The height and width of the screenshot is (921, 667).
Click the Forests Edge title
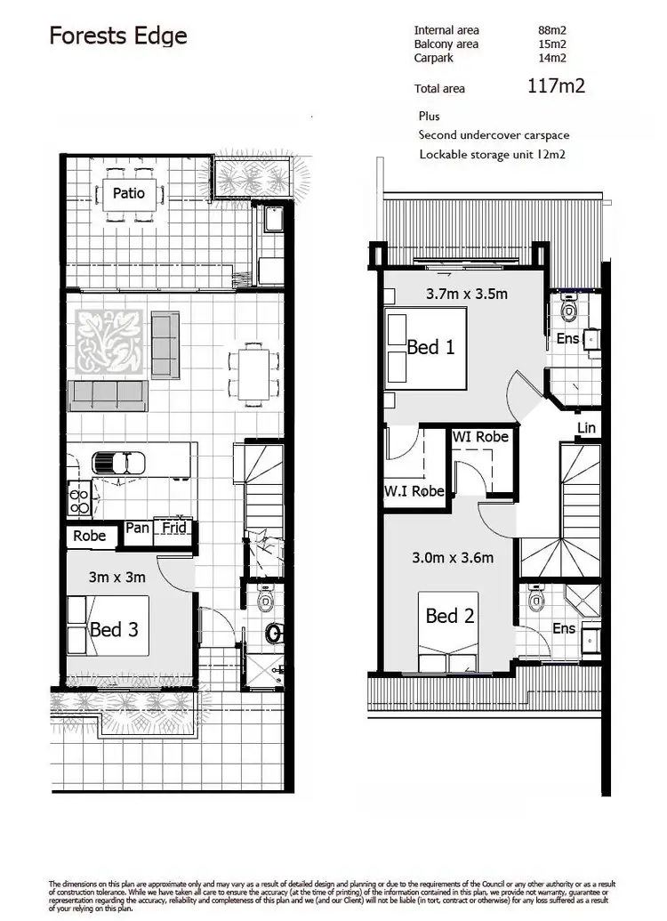117,36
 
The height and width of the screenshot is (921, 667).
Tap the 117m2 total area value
555,86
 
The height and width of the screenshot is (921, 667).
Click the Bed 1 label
430,347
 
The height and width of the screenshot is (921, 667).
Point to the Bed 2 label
449,616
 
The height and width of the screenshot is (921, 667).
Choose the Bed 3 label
114,630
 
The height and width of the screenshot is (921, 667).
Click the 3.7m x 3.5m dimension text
466,293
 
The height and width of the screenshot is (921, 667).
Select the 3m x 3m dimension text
117,577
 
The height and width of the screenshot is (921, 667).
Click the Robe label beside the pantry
90,536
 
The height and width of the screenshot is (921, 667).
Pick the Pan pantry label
137,528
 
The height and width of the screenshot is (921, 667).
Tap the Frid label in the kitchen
174,528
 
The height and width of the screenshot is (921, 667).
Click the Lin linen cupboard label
586,428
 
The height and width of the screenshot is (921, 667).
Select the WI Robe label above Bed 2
480,437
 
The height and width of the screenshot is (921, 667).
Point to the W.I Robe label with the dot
414,491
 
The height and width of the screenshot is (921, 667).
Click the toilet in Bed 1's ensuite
570,311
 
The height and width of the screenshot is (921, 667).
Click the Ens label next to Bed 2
565,628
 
